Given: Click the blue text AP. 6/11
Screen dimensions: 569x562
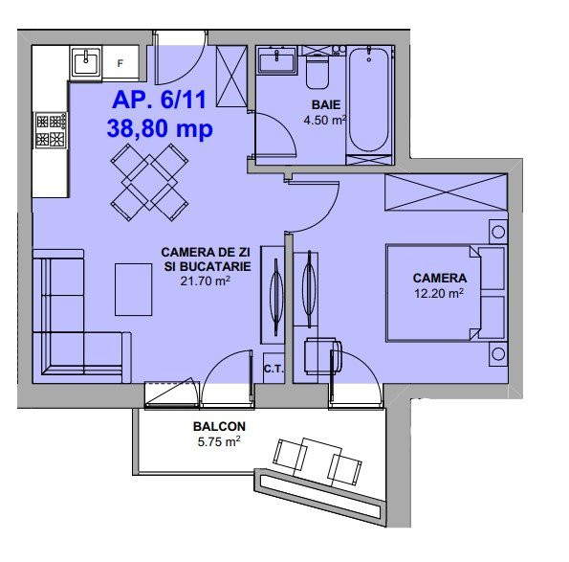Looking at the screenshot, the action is (160, 100).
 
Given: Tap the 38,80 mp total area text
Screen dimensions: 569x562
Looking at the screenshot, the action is (160, 128).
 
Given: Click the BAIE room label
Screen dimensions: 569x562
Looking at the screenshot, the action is (326, 104).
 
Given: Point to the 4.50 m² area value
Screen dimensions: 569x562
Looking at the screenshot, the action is (325, 120).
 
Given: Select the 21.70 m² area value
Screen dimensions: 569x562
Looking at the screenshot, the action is (206, 281).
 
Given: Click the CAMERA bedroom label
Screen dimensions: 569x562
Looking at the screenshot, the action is (440, 278).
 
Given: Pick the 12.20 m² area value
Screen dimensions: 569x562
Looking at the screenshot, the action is (439, 293).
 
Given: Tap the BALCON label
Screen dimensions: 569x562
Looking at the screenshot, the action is (219, 426).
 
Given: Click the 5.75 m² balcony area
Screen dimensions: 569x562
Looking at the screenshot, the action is (219, 441).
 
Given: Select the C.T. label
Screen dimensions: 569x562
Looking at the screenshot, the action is (274, 370).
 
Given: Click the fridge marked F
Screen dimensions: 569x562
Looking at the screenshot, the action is (120, 62).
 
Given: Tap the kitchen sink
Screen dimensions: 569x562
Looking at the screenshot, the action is (86, 62).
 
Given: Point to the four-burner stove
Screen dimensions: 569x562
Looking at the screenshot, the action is (52, 129).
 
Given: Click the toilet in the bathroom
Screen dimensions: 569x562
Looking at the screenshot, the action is (317, 72).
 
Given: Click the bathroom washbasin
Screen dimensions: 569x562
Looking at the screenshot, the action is (277, 60).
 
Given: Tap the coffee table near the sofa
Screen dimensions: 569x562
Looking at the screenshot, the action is (134, 289).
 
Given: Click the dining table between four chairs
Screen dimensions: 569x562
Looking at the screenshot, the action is (149, 182).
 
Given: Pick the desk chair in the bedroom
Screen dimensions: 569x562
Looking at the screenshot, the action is (323, 355).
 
